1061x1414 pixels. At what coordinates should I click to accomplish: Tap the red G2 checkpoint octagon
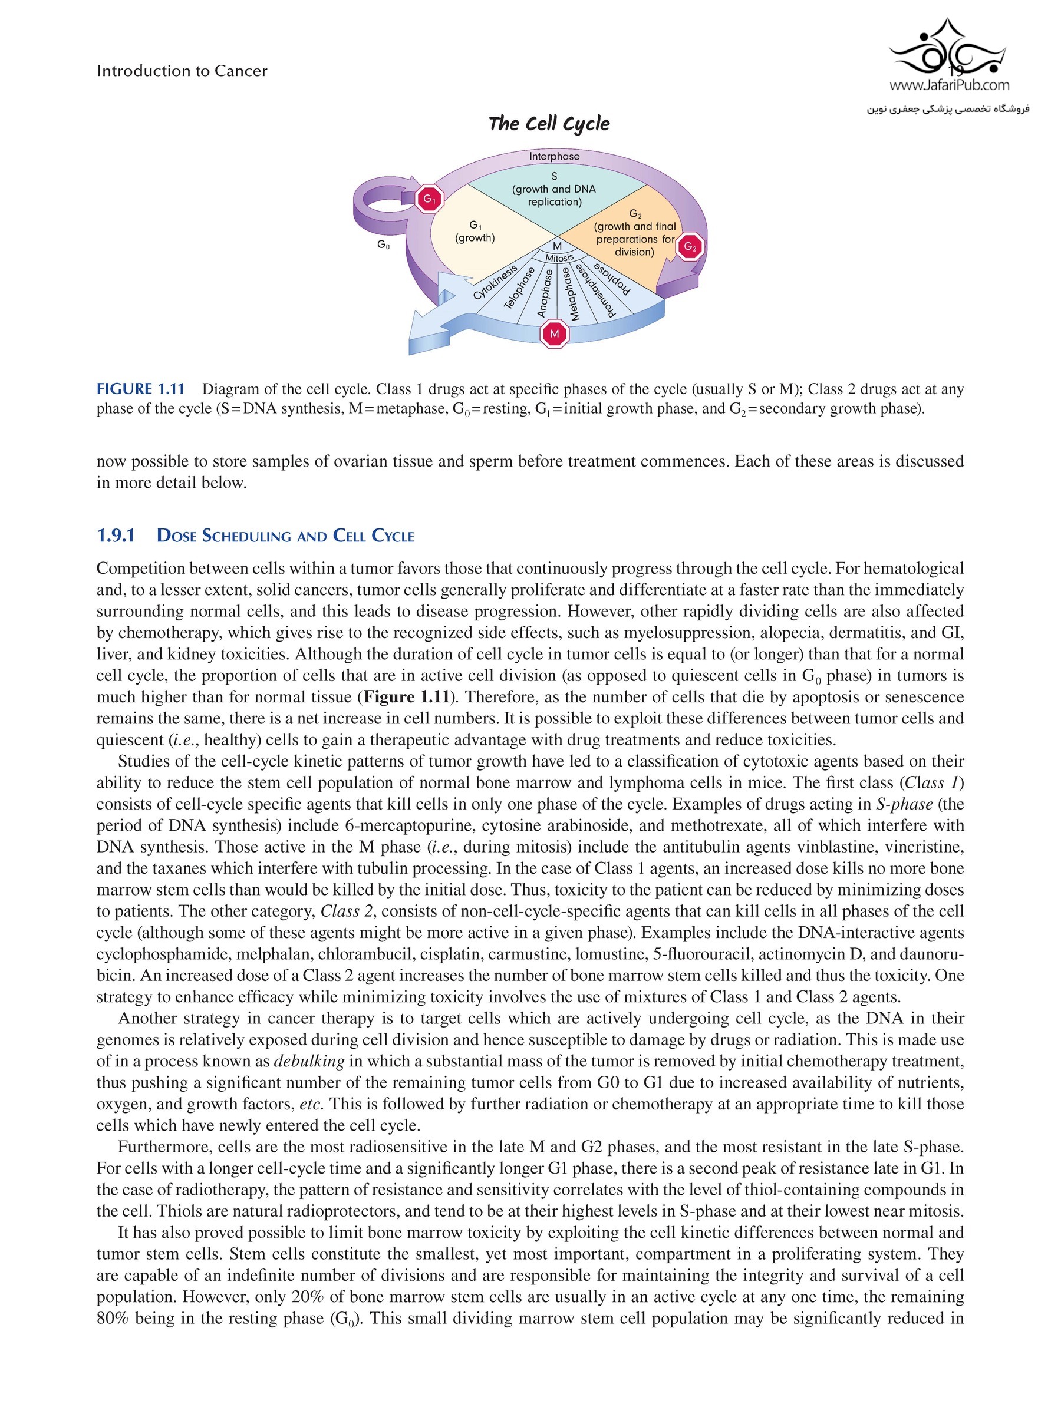690,247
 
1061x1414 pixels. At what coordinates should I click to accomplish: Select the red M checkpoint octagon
554,333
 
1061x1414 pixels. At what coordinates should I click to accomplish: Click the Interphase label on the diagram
554,157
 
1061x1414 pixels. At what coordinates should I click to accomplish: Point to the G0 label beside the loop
383,245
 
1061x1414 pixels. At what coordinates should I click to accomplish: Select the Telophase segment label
519,288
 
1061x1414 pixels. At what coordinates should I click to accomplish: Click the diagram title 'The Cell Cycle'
549,123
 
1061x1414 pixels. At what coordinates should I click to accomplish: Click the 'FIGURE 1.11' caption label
140,389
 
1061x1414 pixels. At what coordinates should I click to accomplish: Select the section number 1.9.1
116,536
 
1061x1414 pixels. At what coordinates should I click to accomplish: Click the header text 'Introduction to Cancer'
182,71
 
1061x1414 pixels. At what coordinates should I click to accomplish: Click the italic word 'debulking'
309,1061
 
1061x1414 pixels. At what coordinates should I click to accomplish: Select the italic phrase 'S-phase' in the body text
904,804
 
